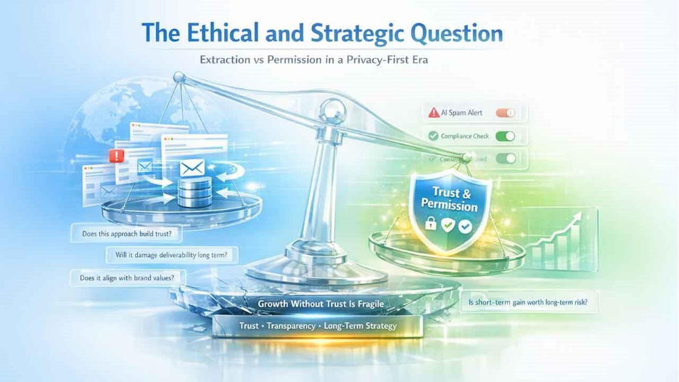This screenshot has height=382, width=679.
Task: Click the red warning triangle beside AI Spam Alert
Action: [x=433, y=113]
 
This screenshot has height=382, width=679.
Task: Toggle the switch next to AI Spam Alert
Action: [x=505, y=113]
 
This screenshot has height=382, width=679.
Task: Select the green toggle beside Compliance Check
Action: [x=505, y=136]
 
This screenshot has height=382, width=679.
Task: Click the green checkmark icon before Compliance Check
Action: [x=433, y=136]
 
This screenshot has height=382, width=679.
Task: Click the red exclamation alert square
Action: [x=113, y=155]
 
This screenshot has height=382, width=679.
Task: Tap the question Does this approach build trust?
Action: [x=126, y=235]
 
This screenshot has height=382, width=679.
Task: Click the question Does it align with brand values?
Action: [x=128, y=277]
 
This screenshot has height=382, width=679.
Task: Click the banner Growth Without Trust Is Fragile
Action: [x=319, y=304]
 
